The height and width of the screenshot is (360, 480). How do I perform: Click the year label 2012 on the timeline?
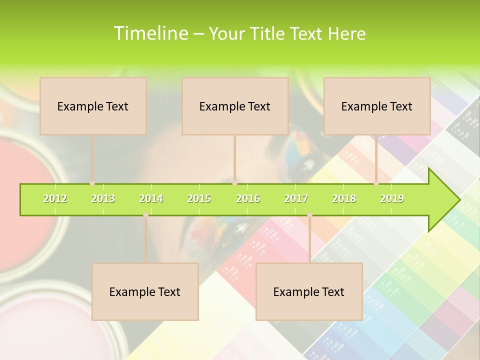point(55,198)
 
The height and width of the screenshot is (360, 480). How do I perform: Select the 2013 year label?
point(103,198)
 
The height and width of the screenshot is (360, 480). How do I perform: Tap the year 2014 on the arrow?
point(151,198)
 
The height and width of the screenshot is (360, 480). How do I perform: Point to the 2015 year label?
point(199,198)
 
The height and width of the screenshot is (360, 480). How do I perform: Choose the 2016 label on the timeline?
point(248,198)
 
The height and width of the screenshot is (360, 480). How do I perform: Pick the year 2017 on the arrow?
point(296,198)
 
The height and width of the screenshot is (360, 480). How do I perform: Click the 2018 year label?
point(344,198)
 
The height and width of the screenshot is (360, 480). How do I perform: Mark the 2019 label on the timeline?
point(392,198)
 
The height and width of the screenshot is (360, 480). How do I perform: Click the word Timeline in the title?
point(150,33)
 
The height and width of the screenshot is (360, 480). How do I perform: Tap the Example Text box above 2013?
point(93,106)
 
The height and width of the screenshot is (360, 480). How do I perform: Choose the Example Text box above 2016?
point(235,106)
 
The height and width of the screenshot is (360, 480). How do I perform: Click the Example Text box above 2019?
point(377,106)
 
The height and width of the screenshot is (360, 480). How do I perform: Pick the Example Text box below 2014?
point(145,291)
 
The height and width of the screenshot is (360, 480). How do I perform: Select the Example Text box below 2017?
point(309,291)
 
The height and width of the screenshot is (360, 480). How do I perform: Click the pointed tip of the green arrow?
point(458,200)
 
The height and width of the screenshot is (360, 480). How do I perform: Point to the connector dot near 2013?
point(92,183)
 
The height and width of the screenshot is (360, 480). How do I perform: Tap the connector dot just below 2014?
point(145,215)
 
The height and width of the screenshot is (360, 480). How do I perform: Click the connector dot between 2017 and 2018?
point(309,215)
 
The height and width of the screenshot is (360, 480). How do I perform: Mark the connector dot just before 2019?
point(376,183)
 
